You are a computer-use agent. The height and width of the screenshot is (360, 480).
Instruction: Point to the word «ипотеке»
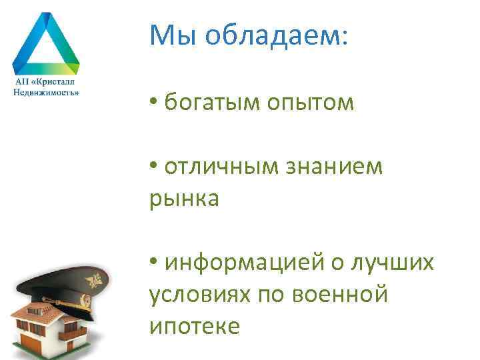click(x=193, y=326)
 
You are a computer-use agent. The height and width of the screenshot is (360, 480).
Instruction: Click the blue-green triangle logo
click(x=46, y=43)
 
